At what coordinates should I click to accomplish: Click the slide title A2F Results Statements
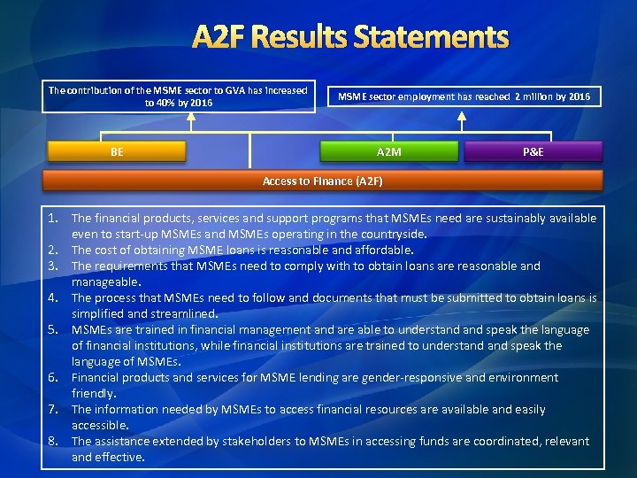pyautogui.click(x=350, y=38)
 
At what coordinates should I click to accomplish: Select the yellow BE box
pyautogui.click(x=117, y=152)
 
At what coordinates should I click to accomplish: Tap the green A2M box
pyautogui.click(x=388, y=152)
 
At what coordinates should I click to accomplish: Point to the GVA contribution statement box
pyautogui.click(x=178, y=96)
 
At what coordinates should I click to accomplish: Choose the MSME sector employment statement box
pyautogui.click(x=464, y=96)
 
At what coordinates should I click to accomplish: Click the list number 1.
pyautogui.click(x=54, y=218)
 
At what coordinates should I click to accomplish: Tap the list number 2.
pyautogui.click(x=54, y=250)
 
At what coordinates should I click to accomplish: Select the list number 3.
pyautogui.click(x=54, y=266)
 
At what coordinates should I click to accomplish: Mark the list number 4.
pyautogui.click(x=54, y=297)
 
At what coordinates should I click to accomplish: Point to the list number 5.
pyautogui.click(x=54, y=329)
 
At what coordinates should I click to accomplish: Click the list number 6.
pyautogui.click(x=54, y=377)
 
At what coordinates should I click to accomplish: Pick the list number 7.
pyautogui.click(x=54, y=409)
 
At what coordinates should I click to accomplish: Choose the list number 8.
pyautogui.click(x=54, y=441)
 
